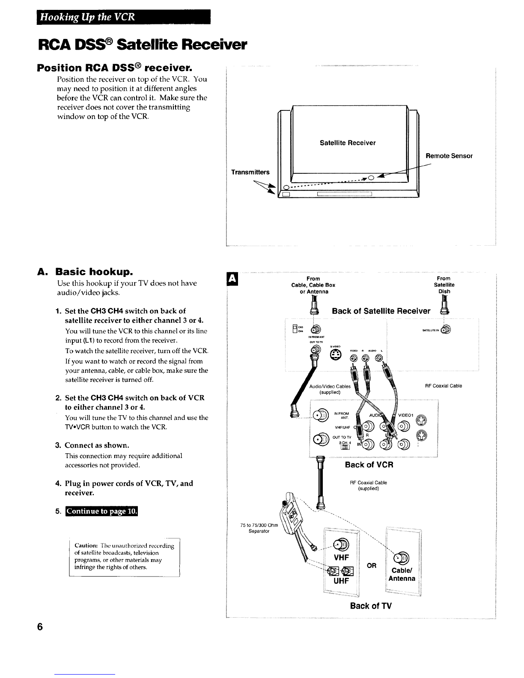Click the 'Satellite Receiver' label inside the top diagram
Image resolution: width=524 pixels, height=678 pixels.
coord(348,143)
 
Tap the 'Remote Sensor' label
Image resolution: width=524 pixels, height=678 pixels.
coord(449,156)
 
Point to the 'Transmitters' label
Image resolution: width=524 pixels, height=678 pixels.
coord(250,172)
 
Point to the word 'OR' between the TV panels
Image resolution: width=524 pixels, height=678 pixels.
coord(372,565)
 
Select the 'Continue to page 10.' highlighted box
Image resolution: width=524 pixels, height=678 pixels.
coord(101,511)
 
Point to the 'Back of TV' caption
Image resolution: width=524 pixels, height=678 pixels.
coord(371,606)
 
